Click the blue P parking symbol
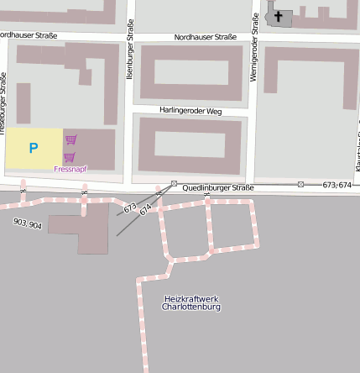(34, 149)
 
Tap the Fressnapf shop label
(70, 169)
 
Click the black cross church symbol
(278, 15)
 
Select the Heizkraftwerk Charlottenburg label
(191, 302)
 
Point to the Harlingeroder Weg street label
(190, 110)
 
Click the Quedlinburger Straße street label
(218, 187)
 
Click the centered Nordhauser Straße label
(206, 38)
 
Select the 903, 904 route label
(28, 224)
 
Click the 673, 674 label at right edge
(337, 185)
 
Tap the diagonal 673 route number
(129, 207)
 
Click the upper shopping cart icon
(71, 139)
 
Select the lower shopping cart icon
(69, 157)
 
